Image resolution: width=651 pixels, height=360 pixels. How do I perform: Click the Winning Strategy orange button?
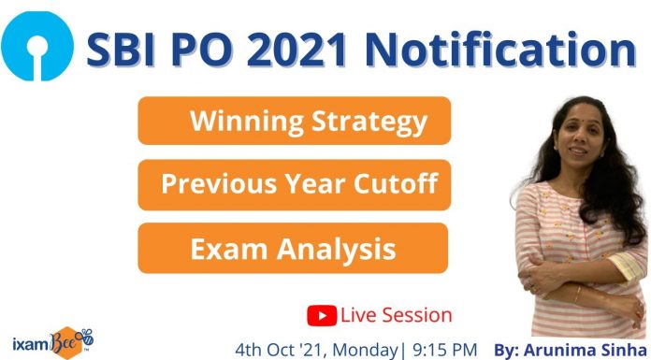[294, 122]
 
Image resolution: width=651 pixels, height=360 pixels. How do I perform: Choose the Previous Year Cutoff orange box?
[294, 184]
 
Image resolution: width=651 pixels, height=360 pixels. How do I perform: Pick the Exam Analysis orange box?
[292, 248]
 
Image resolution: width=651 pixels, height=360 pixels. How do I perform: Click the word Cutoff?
[396, 184]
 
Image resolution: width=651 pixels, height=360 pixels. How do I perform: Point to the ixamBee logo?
[51, 338]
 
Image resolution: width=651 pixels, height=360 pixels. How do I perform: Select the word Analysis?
[342, 248]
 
